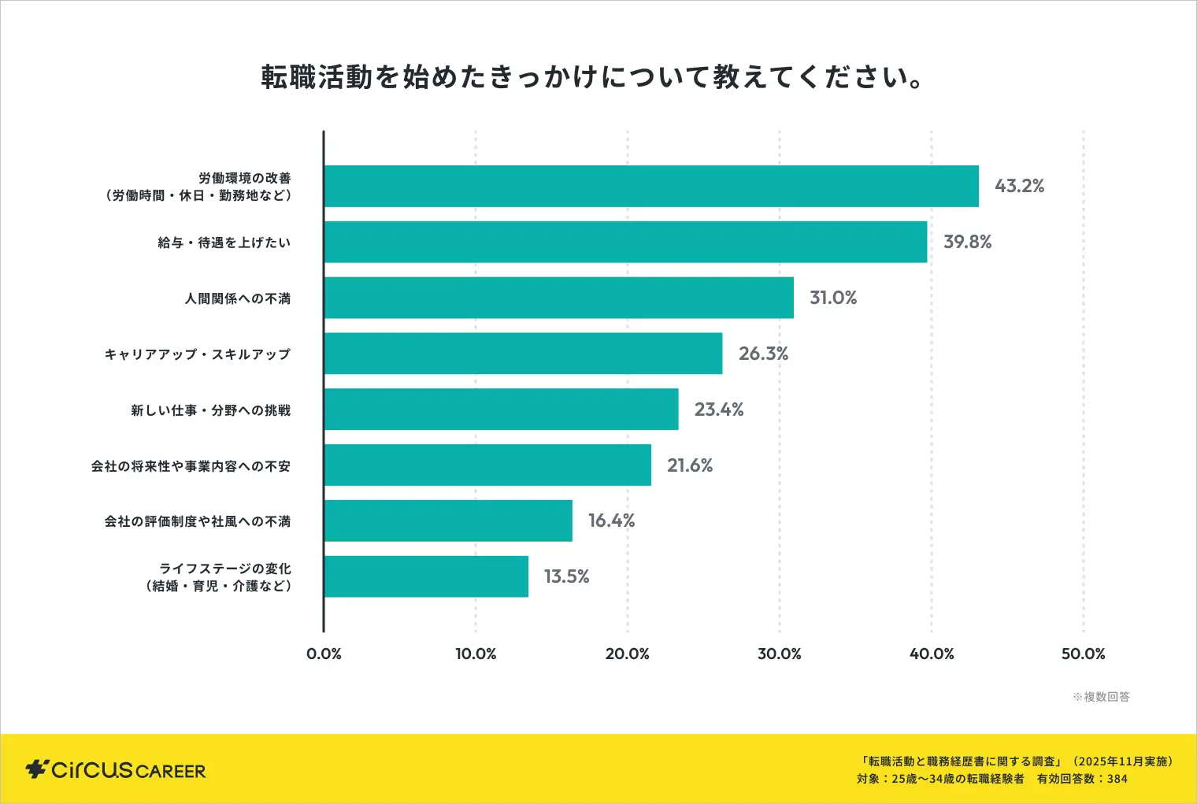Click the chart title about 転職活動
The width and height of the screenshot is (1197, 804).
[592, 77]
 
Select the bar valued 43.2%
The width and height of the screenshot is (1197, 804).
[651, 187]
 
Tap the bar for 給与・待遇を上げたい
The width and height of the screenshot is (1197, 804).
[625, 242]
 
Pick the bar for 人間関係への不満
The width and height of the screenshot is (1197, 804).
[558, 298]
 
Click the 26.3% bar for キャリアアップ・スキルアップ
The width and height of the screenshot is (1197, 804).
[523, 354]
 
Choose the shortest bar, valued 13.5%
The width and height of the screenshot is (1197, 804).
[426, 576]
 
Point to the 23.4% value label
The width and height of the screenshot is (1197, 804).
[718, 409]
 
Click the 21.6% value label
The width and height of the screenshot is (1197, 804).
[690, 465]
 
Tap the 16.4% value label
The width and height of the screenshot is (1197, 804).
[611, 521]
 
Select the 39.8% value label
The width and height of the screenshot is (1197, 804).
[967, 242]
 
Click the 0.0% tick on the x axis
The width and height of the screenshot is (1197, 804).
[324, 654]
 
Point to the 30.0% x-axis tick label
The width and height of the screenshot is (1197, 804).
[779, 654]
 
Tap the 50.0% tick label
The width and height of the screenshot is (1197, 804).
[1083, 654]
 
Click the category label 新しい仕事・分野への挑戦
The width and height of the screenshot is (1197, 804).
[211, 410]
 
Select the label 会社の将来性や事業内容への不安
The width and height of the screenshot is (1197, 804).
[191, 466]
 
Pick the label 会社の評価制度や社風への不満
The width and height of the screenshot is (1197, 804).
[198, 521]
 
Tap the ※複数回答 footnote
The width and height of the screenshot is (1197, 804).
[1101, 697]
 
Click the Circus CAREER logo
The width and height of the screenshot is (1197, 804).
[116, 769]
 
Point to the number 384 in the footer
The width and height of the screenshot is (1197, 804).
[1117, 779]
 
